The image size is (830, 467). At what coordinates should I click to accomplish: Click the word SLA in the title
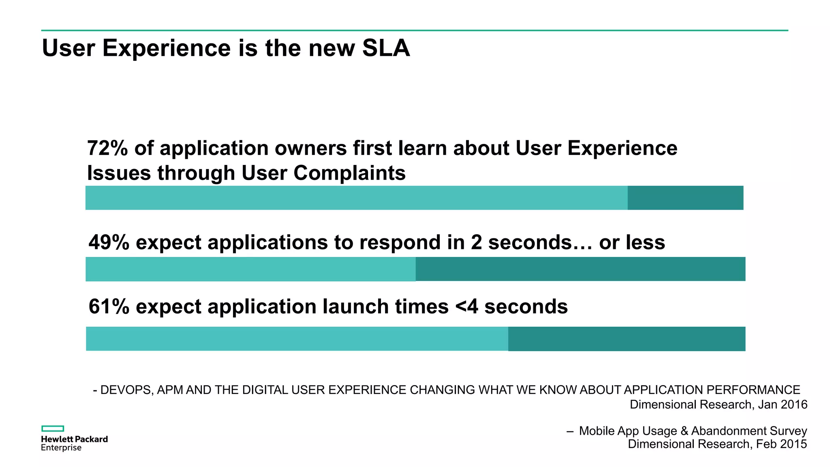coord(386,48)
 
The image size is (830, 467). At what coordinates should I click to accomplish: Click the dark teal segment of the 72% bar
coord(685,198)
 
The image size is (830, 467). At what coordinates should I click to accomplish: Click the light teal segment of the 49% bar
coord(250,269)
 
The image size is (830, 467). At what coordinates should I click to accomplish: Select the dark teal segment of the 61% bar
coord(626,339)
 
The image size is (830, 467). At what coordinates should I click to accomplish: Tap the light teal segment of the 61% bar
coord(297,339)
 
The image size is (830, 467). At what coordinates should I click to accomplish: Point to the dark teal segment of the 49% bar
coord(580,269)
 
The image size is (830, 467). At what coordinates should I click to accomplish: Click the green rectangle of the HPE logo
coord(53,428)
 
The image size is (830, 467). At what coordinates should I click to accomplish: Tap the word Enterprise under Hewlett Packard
coord(61,448)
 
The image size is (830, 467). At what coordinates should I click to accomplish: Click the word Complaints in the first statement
coord(349,174)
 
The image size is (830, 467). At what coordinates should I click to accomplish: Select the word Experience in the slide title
coord(167,48)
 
